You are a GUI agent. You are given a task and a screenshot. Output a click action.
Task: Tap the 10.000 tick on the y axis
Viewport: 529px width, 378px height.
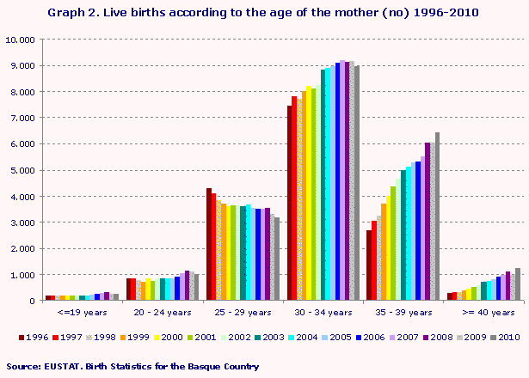pos(19,40)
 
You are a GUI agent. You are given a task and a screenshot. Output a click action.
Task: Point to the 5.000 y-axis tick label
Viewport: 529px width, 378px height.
pos(22,170)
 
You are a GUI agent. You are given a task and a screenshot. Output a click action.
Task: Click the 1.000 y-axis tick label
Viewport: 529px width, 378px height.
pos(22,275)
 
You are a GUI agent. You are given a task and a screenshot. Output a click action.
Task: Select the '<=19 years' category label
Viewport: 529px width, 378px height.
pos(82,314)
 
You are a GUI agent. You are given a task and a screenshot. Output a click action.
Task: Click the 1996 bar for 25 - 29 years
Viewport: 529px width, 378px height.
pos(209,245)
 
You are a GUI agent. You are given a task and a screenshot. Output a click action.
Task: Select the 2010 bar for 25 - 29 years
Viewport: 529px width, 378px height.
pos(276,259)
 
